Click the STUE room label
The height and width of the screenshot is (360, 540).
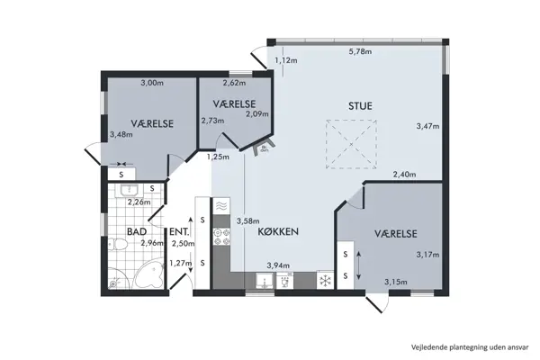[360, 105]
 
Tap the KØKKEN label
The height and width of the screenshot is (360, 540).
[277, 231]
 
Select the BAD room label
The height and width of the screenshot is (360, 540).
[136, 231]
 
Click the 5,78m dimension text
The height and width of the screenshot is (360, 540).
[360, 51]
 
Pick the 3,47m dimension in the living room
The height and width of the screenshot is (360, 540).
[427, 125]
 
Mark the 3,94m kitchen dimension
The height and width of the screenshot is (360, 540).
[278, 265]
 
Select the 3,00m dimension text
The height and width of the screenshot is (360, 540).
[151, 83]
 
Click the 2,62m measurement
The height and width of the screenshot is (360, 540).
[234, 83]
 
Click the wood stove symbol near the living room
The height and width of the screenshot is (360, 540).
[264, 146]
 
